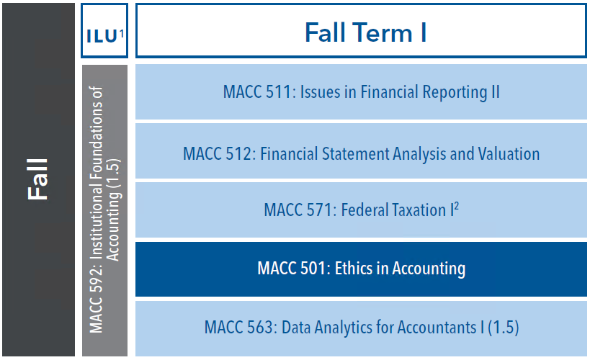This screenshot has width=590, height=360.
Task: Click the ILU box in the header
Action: point(104,30)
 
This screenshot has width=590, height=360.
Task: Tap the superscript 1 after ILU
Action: point(122,34)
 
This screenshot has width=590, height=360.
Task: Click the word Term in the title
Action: point(383,32)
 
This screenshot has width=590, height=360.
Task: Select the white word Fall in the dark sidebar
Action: point(37,179)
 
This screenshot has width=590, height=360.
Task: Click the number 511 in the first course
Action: point(278,92)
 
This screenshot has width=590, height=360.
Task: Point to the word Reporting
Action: point(455,93)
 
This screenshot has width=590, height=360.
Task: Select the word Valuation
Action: point(509,154)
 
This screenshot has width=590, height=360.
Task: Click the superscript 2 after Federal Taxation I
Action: point(457,206)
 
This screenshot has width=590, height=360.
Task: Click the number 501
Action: point(313,269)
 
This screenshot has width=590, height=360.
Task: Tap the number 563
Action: point(259,328)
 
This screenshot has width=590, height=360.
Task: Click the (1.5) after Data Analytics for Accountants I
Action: point(504,328)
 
